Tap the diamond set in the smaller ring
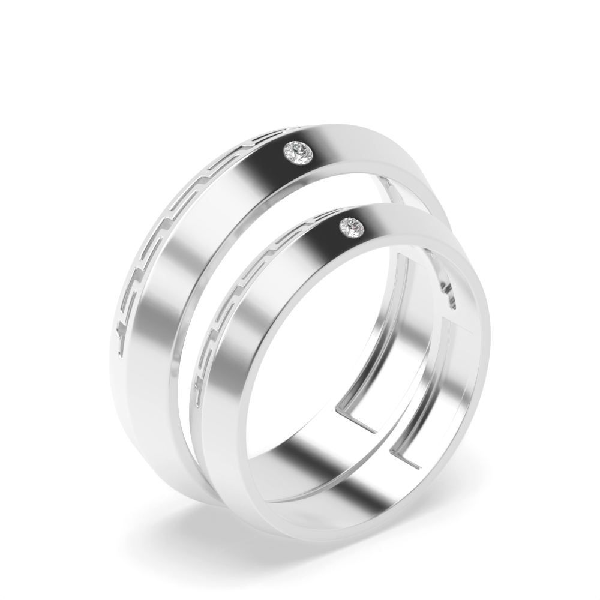coord(353,227)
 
